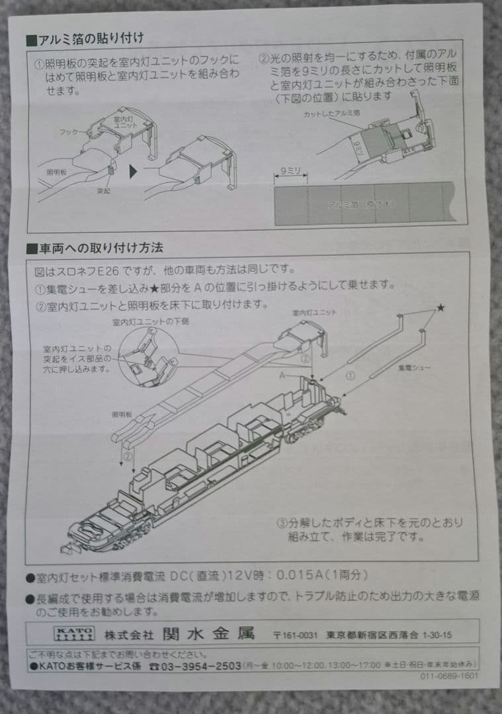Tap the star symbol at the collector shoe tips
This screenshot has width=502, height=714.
(x=440, y=308)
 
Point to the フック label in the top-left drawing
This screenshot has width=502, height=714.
(x=66, y=132)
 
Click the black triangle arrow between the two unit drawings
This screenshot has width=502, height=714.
(x=134, y=172)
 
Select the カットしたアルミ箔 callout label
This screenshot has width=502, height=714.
(x=328, y=114)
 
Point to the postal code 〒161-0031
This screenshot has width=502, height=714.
(x=294, y=635)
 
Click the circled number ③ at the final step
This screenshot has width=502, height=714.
(x=281, y=522)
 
